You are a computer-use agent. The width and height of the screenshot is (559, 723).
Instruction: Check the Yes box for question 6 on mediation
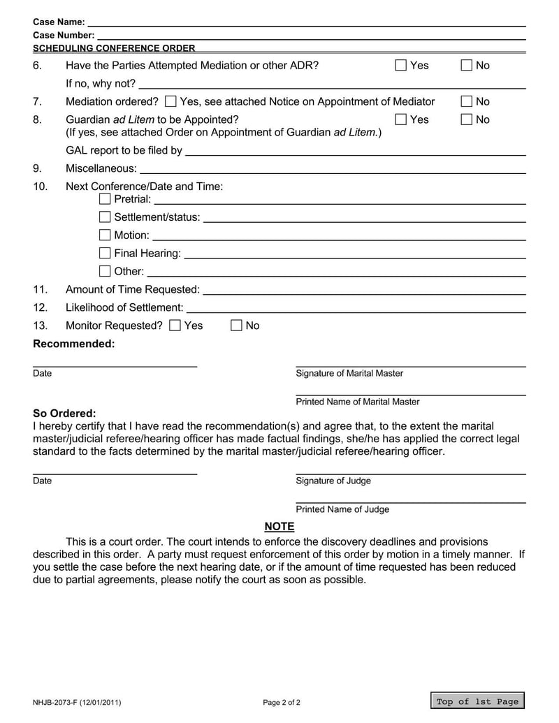tap(401, 66)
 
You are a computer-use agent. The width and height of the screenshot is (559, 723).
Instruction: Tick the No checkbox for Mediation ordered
tap(467, 102)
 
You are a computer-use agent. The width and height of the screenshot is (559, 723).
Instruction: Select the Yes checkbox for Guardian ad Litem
tap(401, 119)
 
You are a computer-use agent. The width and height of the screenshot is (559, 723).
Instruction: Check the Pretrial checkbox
tap(105, 199)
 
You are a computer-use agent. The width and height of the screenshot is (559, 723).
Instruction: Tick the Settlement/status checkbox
tap(105, 217)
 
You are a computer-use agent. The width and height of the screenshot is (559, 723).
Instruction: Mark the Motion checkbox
tap(105, 235)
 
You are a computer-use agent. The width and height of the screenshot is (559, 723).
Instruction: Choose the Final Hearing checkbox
tap(105, 253)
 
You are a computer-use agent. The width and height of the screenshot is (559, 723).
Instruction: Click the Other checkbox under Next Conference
tap(105, 271)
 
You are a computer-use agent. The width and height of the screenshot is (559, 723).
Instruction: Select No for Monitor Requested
tap(237, 326)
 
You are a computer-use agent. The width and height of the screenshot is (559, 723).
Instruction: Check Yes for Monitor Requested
tap(175, 326)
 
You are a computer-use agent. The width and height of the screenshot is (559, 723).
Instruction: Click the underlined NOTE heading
tap(279, 527)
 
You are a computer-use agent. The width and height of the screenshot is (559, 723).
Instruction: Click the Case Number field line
tap(311, 34)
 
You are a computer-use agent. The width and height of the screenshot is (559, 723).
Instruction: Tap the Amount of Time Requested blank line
tap(363, 290)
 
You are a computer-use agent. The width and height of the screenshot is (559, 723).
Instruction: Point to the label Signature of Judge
tap(333, 481)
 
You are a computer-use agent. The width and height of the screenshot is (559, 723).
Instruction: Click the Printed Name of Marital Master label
tap(358, 402)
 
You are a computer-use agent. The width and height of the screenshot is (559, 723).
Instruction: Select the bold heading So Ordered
tap(64, 413)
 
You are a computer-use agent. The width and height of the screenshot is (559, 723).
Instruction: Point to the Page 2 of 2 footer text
tap(282, 702)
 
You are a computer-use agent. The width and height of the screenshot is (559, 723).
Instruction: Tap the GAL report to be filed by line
tap(355, 151)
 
